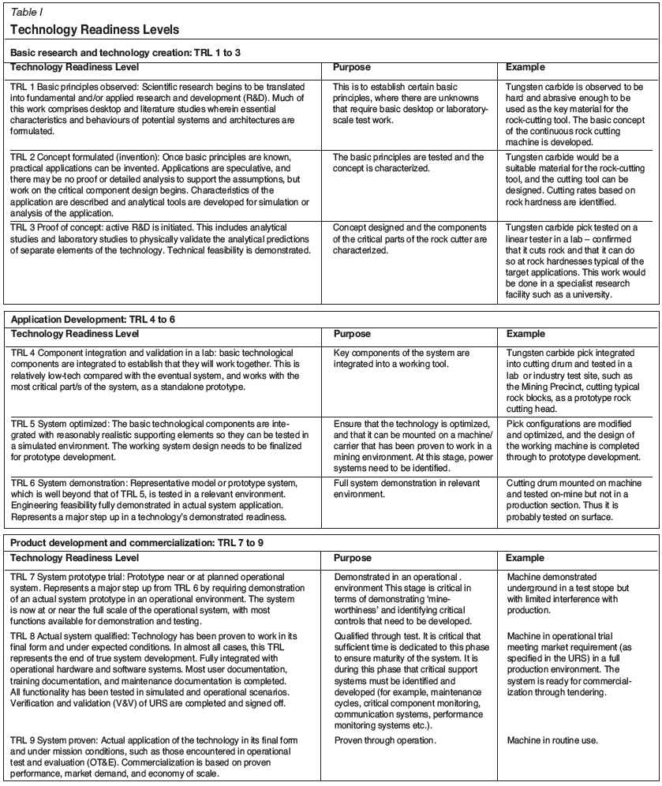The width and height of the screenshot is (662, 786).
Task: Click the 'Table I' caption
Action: (27, 13)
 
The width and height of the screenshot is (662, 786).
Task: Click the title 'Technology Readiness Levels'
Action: (95, 30)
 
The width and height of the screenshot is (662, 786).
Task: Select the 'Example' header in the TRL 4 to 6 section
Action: (525, 334)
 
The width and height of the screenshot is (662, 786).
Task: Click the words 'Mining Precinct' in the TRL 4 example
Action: (560, 387)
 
